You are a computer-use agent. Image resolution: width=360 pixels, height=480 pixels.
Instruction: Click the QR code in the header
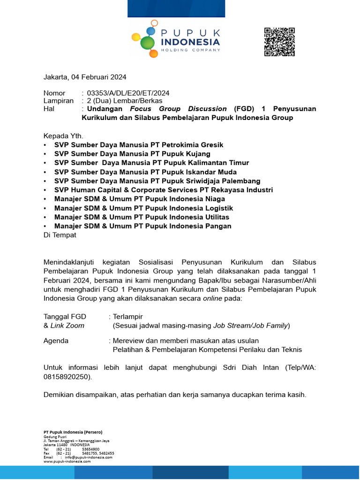click(279, 42)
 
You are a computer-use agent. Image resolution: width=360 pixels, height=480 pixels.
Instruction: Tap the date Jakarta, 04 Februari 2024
click(85, 77)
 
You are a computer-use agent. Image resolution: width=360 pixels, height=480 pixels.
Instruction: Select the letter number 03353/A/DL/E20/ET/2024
click(128, 93)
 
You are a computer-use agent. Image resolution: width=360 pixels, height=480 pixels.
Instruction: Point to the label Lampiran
click(59, 101)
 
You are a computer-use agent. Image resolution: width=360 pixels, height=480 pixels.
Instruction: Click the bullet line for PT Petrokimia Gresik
click(139, 145)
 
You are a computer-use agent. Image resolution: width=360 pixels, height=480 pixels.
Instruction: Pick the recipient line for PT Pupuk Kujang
click(132, 154)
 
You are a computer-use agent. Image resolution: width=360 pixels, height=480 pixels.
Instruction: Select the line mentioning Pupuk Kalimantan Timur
click(151, 163)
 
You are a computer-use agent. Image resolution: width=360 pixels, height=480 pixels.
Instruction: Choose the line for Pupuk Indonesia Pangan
click(142, 226)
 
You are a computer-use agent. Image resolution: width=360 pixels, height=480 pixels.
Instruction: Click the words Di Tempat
click(60, 235)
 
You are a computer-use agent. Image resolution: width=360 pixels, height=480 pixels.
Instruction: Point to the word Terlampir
click(128, 316)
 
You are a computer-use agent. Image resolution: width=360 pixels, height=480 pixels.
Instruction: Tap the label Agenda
click(56, 341)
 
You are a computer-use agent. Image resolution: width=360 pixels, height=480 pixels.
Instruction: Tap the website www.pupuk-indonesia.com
click(67, 461)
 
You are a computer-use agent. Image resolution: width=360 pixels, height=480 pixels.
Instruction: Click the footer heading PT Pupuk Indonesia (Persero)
click(73, 431)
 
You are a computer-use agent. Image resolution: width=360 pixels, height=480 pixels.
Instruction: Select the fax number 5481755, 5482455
click(98, 453)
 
